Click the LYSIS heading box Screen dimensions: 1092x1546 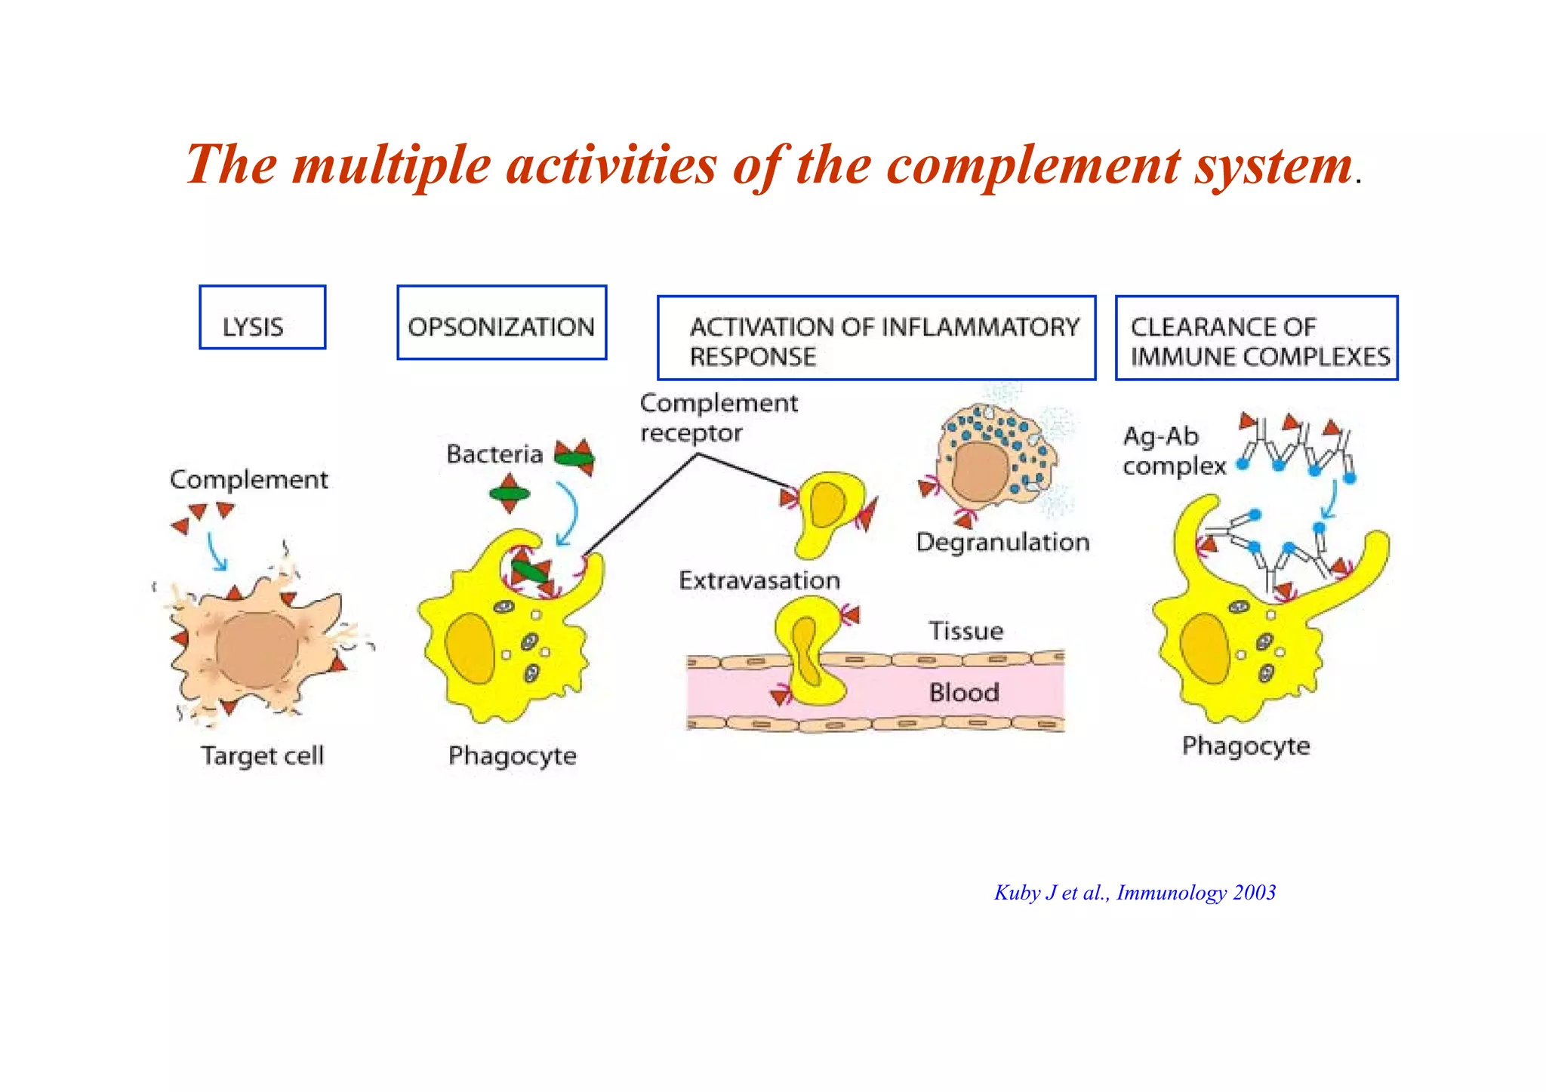[262, 318]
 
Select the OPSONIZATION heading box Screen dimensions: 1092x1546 [501, 323]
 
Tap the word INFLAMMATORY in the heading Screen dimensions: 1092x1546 [981, 327]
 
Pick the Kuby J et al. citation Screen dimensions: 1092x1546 [1135, 893]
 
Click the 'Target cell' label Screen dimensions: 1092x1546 [262, 755]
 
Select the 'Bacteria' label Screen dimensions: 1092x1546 [494, 454]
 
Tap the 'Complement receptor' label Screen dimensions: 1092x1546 [718, 418]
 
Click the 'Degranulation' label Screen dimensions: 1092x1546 [1002, 542]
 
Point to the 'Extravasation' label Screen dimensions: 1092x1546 [759, 580]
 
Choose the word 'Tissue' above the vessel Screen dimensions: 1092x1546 [965, 631]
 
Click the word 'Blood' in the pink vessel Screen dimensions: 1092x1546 [964, 692]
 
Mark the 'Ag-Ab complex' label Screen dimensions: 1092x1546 [1172, 451]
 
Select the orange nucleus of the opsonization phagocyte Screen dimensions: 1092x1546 [470, 648]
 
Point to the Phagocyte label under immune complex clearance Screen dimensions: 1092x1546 [1246, 746]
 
